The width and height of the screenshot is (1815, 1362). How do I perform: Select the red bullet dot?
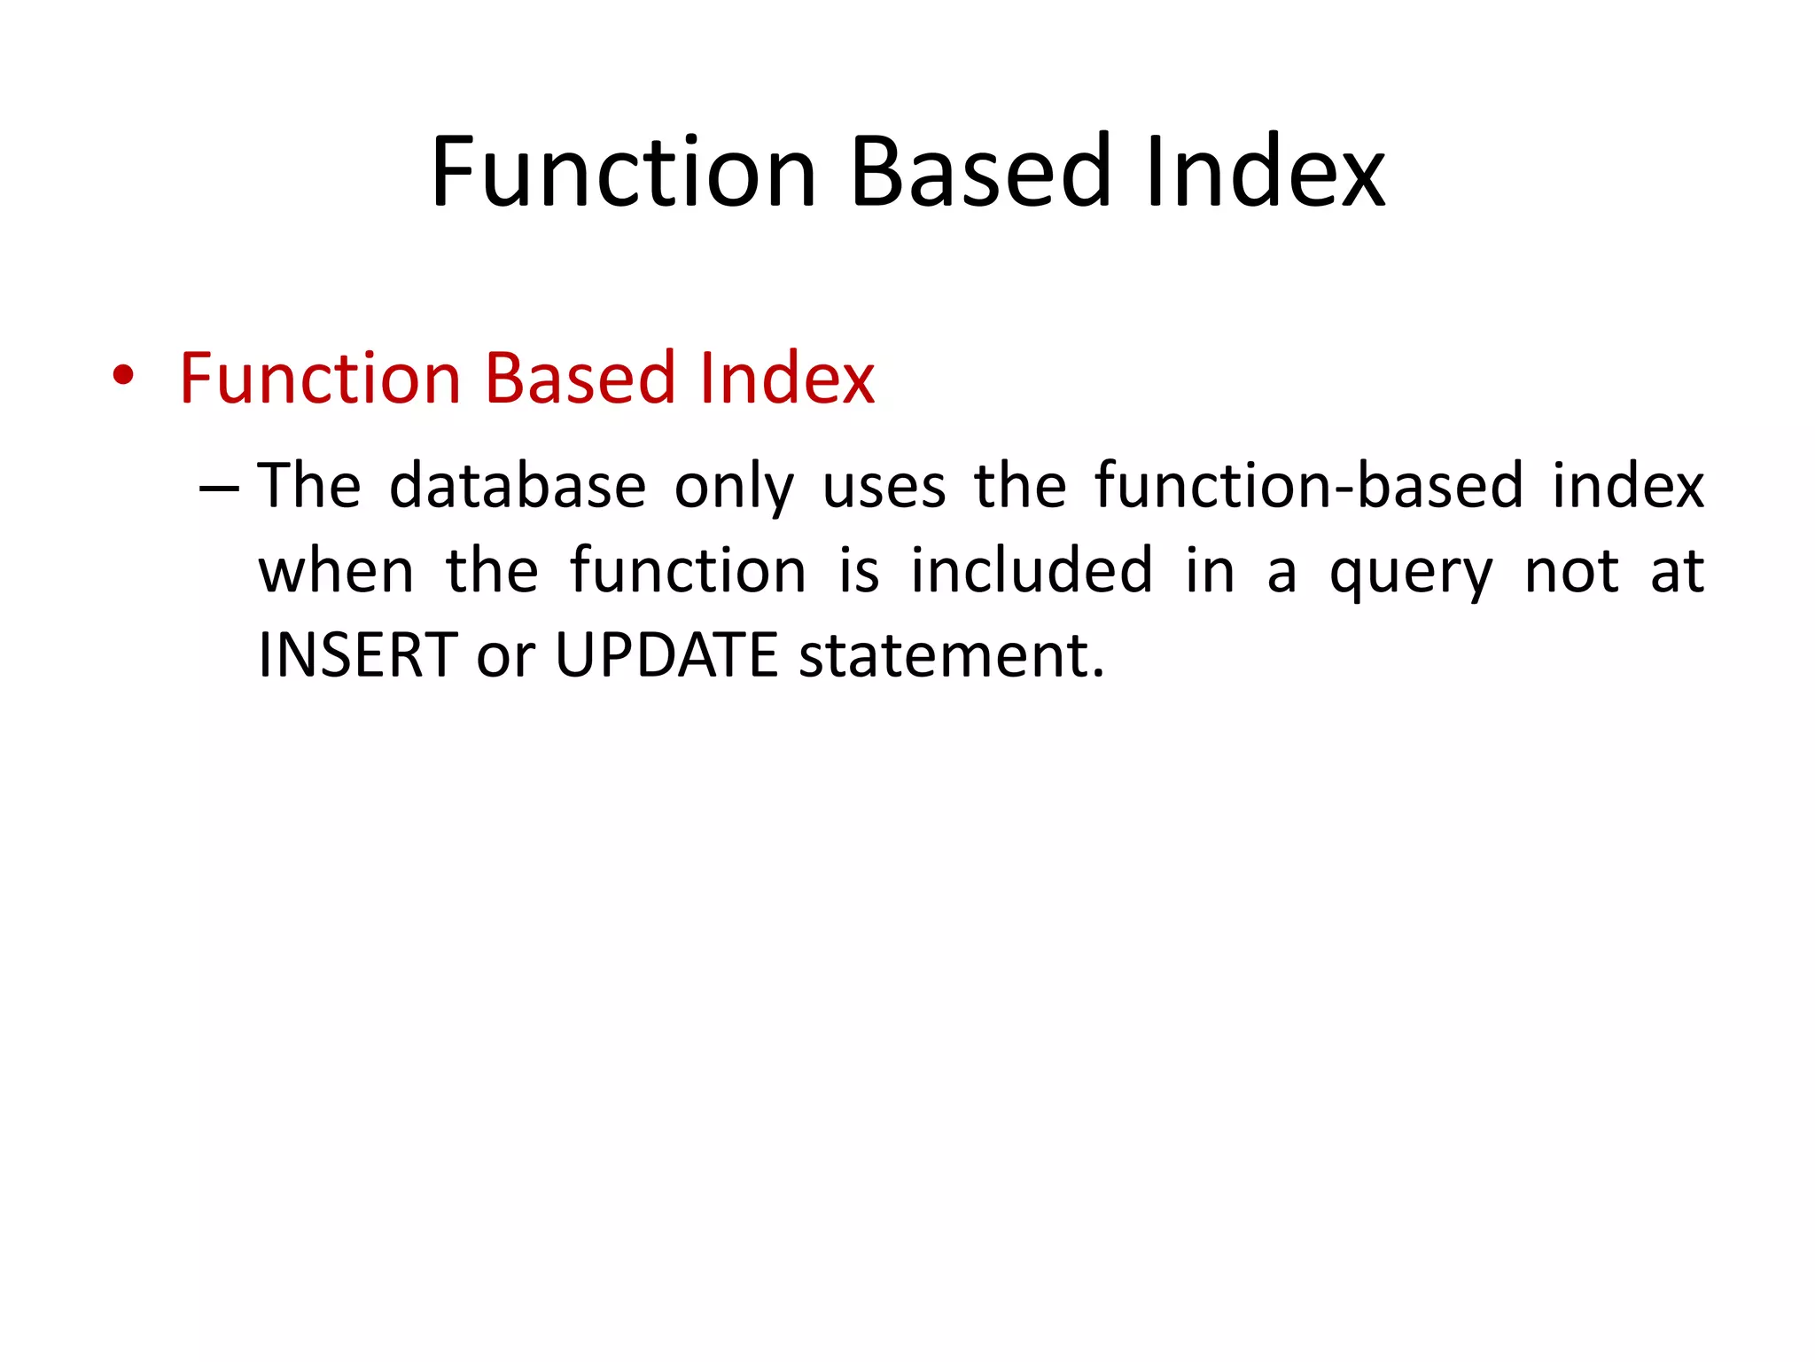tap(123, 376)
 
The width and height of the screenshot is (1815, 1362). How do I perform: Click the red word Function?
tap(320, 378)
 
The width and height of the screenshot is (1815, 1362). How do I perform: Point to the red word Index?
tap(787, 378)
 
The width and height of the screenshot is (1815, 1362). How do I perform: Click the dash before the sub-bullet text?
tap(219, 489)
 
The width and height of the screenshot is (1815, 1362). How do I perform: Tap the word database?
tap(518, 486)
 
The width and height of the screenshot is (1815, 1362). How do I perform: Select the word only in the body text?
tap(734, 488)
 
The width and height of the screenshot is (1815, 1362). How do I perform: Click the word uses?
tap(884, 488)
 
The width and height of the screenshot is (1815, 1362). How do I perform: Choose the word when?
tap(336, 571)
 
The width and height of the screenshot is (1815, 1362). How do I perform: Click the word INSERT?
tap(358, 655)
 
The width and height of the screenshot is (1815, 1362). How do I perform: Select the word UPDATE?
tap(666, 655)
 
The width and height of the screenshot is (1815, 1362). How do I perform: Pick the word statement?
tap(952, 655)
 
